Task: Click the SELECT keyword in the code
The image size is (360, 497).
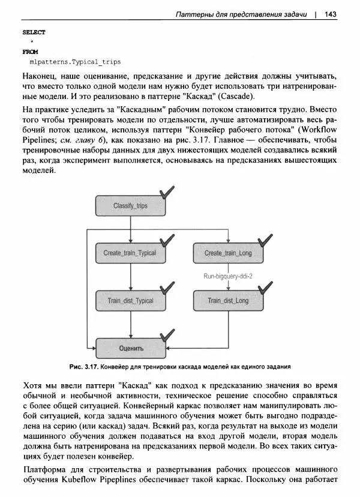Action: (x=34, y=32)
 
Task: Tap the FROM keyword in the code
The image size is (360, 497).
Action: (x=30, y=52)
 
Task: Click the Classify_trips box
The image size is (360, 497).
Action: (x=130, y=206)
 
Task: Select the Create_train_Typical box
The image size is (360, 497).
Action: (x=130, y=253)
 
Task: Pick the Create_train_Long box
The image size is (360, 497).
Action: (x=228, y=253)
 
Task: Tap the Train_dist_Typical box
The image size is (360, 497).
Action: (x=130, y=300)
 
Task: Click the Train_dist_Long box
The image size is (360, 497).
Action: (x=228, y=300)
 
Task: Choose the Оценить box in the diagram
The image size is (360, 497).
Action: (x=131, y=348)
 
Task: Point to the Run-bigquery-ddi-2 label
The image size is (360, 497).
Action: (x=228, y=276)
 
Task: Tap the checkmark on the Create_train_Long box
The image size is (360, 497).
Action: (x=262, y=239)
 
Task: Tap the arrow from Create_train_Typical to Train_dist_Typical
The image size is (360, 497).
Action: (x=130, y=277)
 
